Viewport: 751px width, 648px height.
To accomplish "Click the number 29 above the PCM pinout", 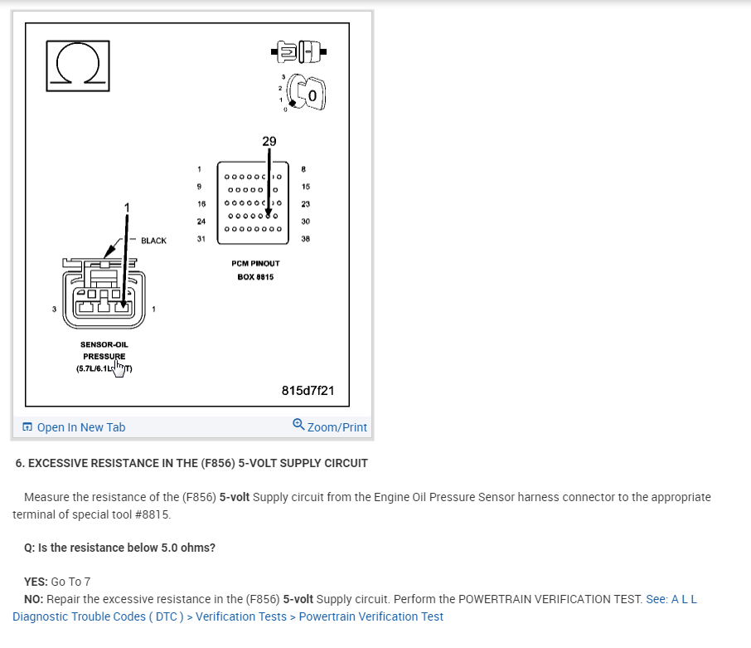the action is pos(269,141).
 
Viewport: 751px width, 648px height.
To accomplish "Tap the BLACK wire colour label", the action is pos(153,241).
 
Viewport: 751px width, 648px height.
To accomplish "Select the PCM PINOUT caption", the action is pos(255,263).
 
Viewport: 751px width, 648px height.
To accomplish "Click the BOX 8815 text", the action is pos(255,276).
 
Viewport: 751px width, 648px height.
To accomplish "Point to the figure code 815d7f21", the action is pos(308,390).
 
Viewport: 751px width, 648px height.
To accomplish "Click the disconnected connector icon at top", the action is pos(298,52).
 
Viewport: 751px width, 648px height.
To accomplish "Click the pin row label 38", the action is pos(305,239).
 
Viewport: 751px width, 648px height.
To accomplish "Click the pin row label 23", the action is pos(305,203).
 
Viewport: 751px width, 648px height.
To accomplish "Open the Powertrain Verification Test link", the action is pos(371,616).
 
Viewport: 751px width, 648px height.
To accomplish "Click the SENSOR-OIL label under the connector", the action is pos(104,343).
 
